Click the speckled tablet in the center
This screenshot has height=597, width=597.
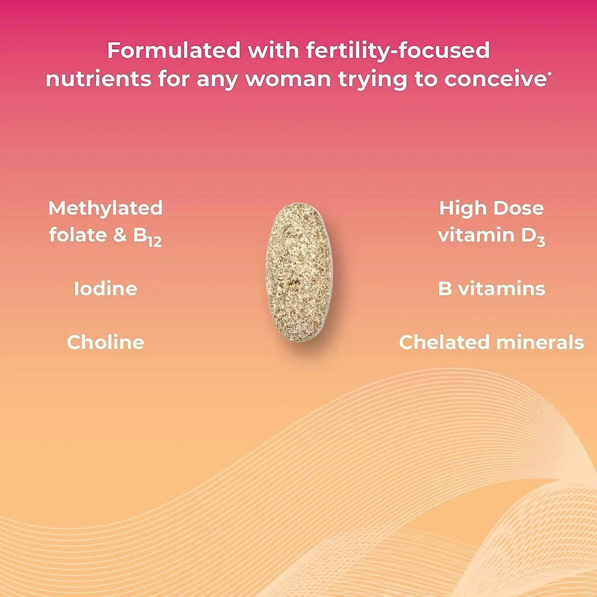coord(298,272)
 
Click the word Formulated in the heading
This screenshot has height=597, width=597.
coord(174,51)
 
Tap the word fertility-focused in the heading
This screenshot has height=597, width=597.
coord(398,51)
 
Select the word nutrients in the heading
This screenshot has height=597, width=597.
coord(98,79)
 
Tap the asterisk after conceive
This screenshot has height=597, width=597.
coord(549,74)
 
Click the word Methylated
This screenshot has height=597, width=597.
coord(105,208)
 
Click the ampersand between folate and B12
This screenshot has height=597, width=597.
coord(120,235)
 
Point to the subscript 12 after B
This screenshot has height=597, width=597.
coord(154,241)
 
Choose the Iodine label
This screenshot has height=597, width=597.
coord(105,289)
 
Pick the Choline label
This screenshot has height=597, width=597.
coord(105,342)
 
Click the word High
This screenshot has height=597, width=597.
coord(459,208)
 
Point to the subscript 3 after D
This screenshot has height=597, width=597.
coord(541,241)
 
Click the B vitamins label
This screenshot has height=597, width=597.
coord(491,289)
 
